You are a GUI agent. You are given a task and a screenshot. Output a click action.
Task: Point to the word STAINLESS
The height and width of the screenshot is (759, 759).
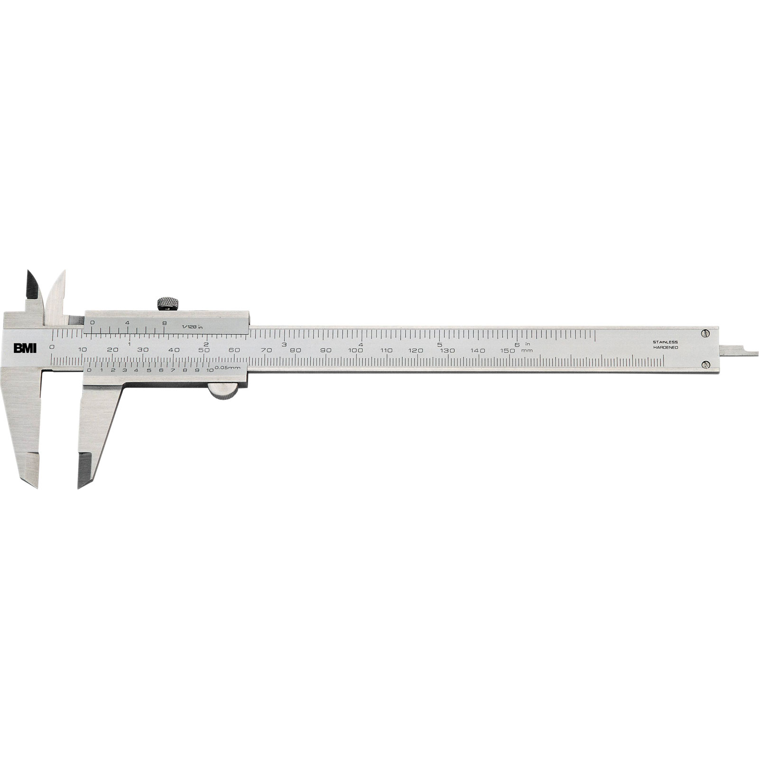[665, 342]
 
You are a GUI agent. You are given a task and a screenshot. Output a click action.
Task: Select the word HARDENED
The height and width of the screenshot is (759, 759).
[665, 348]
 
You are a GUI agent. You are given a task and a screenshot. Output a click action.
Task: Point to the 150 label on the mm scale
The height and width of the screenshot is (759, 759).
[508, 350]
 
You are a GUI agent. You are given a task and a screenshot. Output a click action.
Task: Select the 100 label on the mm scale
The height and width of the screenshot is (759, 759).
[355, 350]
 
